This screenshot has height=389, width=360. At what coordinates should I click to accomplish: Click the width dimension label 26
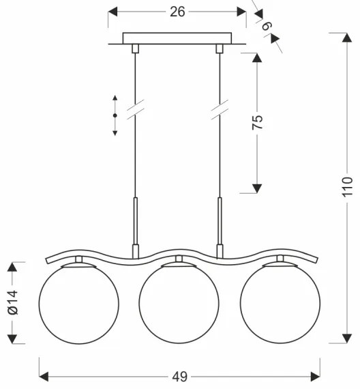[x=177, y=12]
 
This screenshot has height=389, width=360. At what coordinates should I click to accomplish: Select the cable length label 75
[x=257, y=123]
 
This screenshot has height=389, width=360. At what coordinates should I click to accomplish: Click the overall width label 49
[x=179, y=376]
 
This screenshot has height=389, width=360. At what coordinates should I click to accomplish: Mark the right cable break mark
[x=220, y=109]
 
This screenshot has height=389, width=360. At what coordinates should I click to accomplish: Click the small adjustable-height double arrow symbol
[x=115, y=115]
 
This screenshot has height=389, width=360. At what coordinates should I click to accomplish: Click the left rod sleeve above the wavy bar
[x=136, y=222]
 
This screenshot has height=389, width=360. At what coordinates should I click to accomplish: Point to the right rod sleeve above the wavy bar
[x=220, y=222]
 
